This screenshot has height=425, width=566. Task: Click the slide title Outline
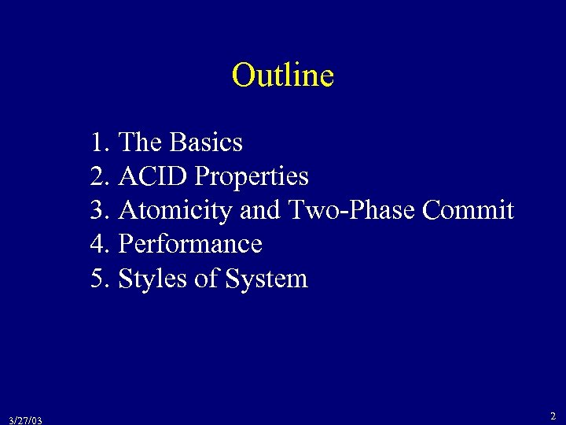[x=283, y=76]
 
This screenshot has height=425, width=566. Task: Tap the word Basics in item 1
[x=206, y=142]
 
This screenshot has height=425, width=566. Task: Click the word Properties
[x=252, y=177]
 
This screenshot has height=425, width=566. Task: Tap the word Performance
[x=189, y=245]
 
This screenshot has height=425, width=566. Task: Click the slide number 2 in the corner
[x=553, y=416]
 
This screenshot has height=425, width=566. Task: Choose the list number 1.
[x=99, y=142]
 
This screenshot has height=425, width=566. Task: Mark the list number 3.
[x=99, y=211]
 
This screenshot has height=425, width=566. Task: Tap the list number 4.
[x=99, y=245]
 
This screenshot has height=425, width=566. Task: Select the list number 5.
[x=99, y=279]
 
